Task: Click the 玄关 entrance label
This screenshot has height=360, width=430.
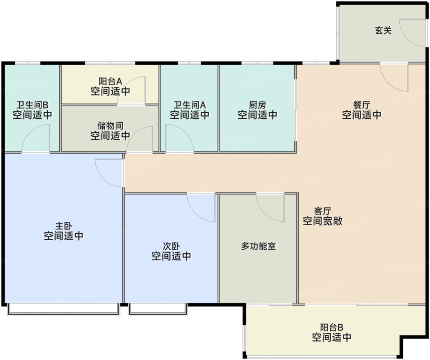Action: pos(383,30)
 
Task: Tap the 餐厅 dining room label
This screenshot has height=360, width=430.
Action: pos(362,105)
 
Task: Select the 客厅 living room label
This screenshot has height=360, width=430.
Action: pos(322,211)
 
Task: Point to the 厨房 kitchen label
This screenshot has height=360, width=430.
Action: pos(258,105)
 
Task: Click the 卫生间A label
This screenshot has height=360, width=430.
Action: pos(190,105)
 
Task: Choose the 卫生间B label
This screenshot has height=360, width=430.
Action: pos(32,105)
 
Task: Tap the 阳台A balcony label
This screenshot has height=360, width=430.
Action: pos(111,81)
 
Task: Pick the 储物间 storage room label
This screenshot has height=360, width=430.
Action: pos(110,126)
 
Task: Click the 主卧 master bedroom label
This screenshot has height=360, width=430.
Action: pos(64,226)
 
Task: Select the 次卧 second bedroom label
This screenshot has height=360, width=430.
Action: pos(171,246)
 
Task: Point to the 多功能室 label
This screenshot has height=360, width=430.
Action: pos(258,246)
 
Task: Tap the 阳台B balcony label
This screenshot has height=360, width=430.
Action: pos(332,327)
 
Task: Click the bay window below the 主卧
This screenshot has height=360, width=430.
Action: pos(64,309)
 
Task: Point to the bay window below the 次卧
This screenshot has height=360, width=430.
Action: pos(158,309)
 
